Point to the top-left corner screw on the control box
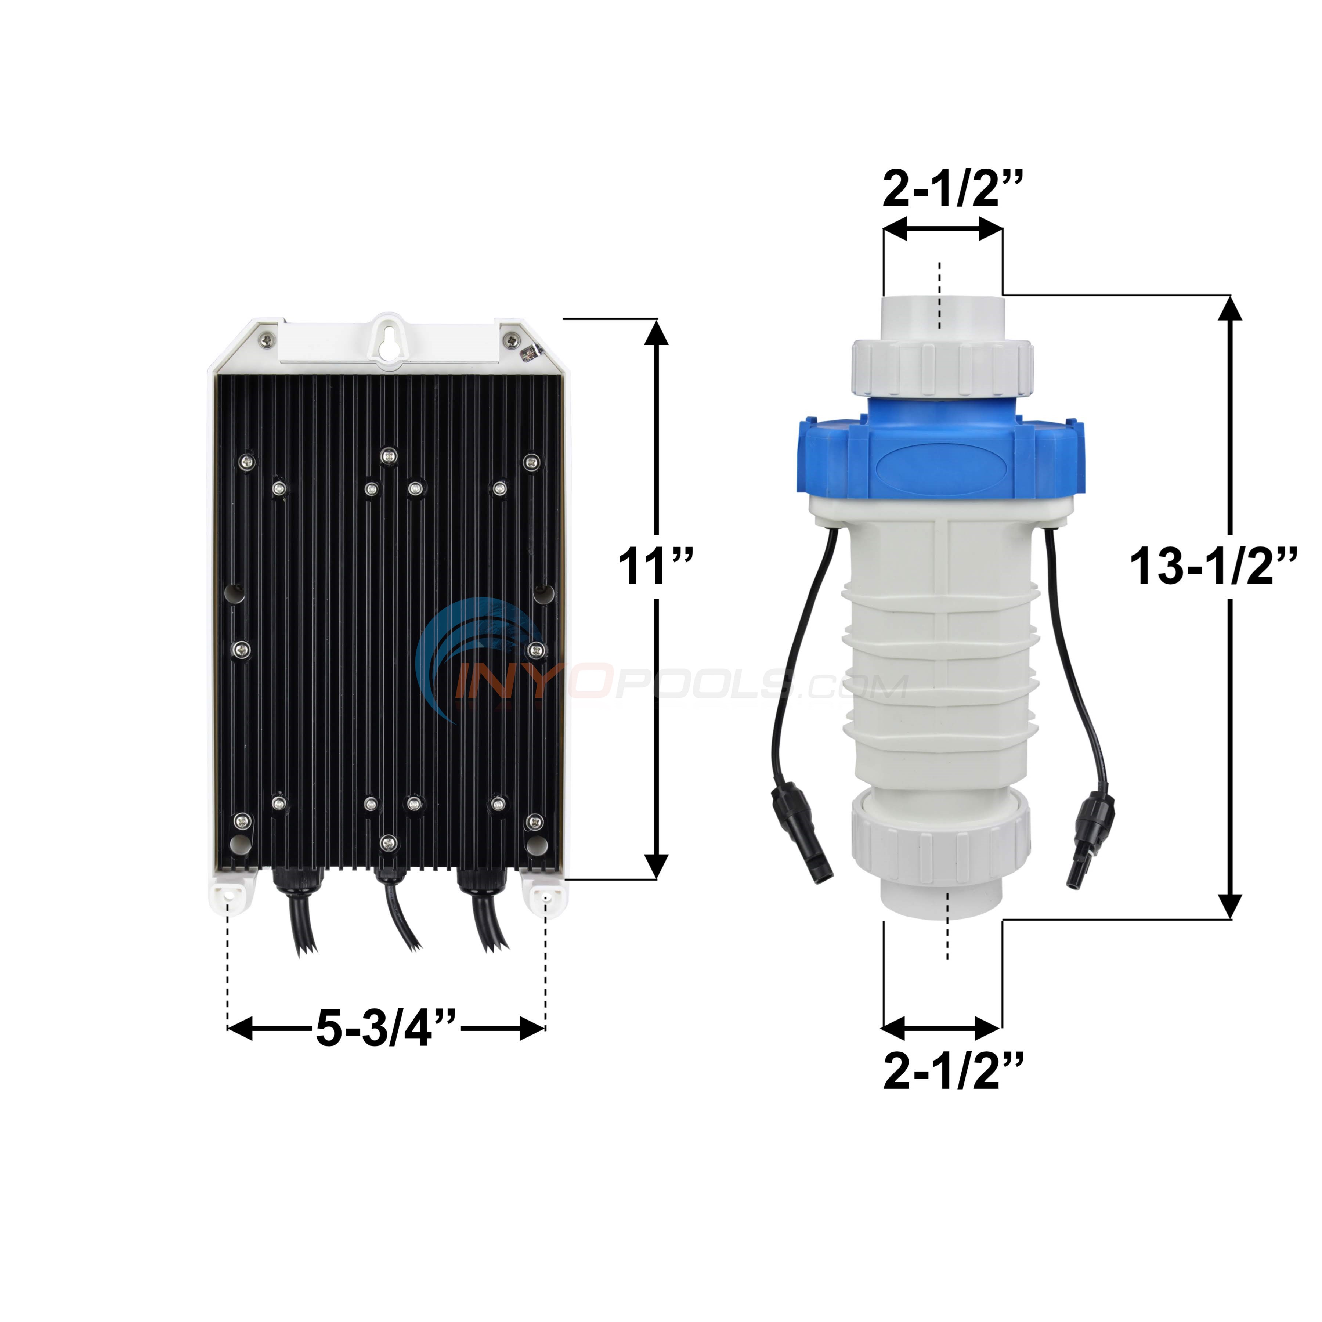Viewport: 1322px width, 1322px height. click(x=264, y=339)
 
